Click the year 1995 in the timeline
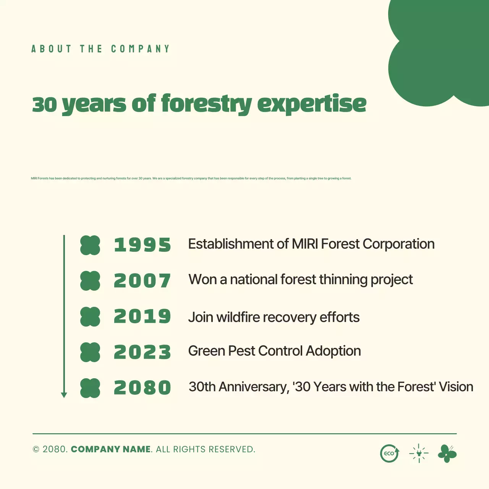coord(142,245)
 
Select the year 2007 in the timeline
coord(142,281)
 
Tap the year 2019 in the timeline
coord(142,316)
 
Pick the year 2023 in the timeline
coord(142,352)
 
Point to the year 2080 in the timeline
coord(142,388)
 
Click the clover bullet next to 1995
coord(90,245)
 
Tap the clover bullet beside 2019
coord(90,317)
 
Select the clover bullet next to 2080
coord(90,388)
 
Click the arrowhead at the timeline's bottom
coord(64,395)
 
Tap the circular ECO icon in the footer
coord(389,453)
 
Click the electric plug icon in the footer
coord(419,453)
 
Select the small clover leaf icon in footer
coord(447,453)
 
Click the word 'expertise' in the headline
coord(312,104)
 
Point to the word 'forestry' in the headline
coord(206,104)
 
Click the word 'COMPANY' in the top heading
coord(140,49)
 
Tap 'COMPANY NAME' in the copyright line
coord(111,449)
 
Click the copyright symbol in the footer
coord(36,450)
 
